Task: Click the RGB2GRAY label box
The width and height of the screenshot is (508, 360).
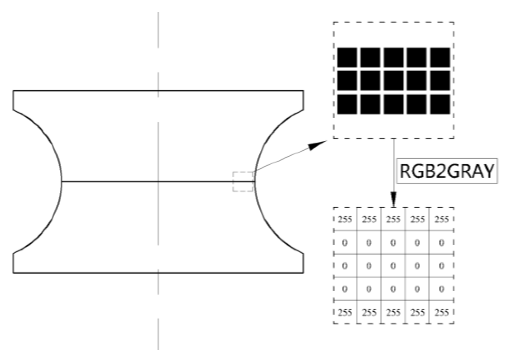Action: (x=447, y=171)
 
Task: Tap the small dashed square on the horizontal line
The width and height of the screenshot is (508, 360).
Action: (x=243, y=182)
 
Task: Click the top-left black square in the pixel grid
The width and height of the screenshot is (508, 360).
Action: (x=347, y=57)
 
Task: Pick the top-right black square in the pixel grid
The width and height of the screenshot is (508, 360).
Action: (x=440, y=57)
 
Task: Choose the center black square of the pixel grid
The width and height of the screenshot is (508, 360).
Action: (x=393, y=81)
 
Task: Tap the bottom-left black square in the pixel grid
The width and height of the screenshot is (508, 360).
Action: (x=347, y=104)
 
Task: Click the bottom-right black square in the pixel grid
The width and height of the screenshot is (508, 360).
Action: (x=440, y=104)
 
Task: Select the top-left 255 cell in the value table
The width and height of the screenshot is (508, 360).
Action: (x=345, y=219)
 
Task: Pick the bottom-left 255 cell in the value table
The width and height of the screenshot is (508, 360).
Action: (x=345, y=312)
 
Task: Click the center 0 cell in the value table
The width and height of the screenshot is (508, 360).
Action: (x=393, y=266)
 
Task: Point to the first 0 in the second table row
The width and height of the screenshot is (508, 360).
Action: (x=345, y=243)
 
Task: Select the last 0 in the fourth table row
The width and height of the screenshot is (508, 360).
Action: (x=442, y=289)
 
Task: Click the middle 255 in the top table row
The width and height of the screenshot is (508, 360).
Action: (x=393, y=219)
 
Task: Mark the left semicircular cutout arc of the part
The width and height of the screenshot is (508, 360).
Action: (x=61, y=182)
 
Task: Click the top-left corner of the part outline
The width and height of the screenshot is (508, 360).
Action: (x=13, y=91)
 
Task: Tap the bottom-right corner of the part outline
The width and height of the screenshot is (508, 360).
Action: (x=303, y=273)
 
